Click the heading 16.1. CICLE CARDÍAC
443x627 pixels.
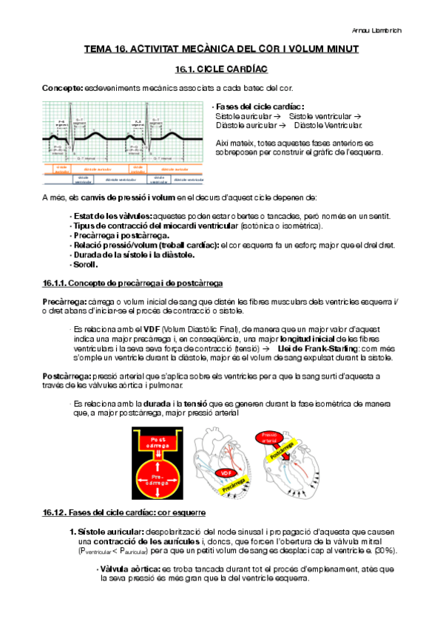coord(221,70)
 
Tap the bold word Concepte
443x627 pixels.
coord(62,88)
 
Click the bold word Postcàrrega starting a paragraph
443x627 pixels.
coord(66,376)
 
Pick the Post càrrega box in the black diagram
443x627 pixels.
coord(156,443)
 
